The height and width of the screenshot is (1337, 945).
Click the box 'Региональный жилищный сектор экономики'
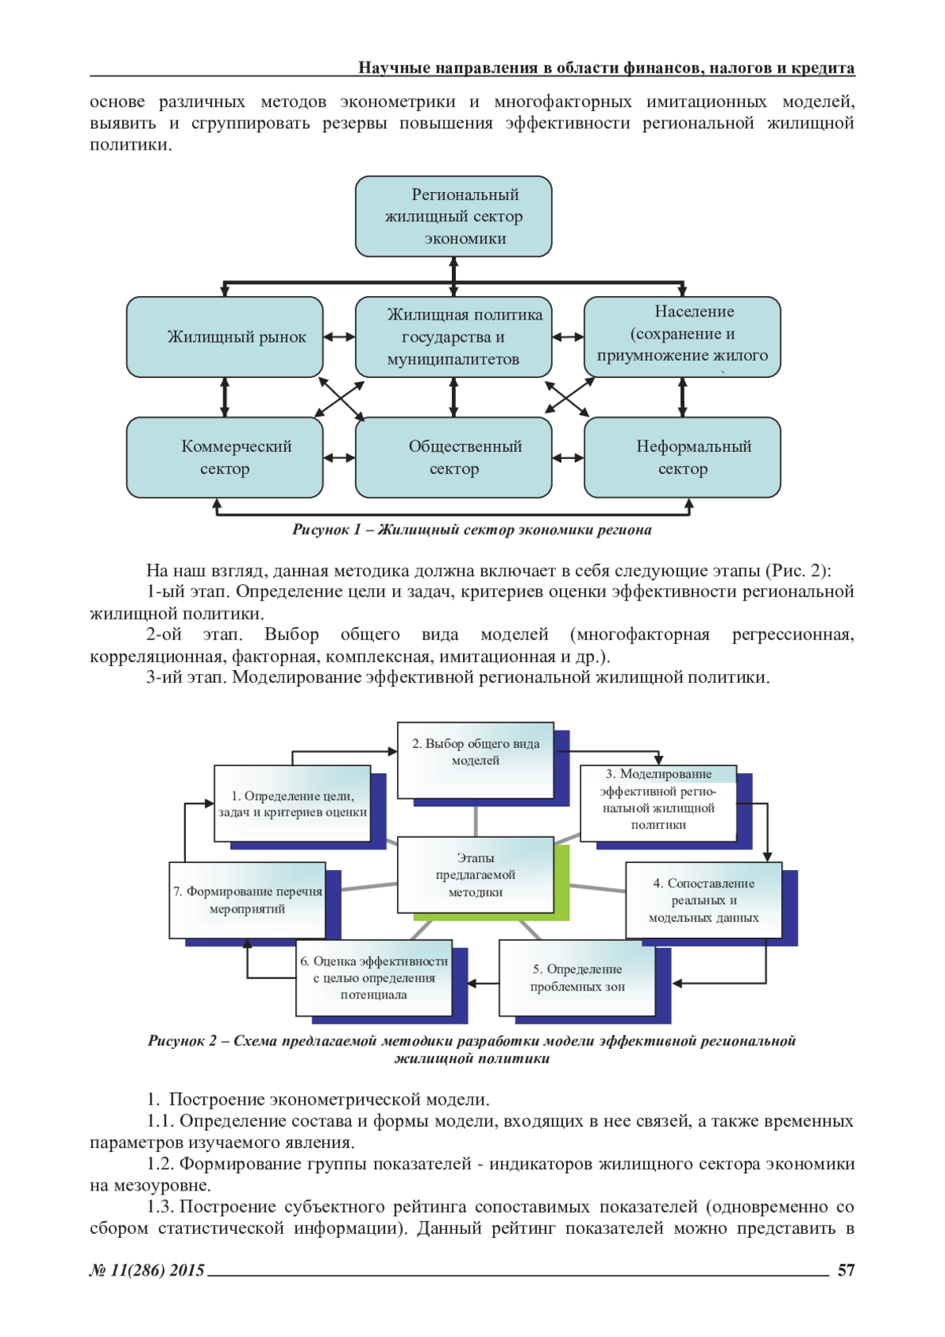tap(453, 217)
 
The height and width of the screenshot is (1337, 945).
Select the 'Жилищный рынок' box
tap(224, 337)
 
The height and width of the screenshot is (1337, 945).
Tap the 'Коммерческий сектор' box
tap(224, 457)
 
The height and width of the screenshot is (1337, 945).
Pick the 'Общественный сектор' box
tap(453, 457)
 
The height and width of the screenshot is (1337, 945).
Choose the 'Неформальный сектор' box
tap(682, 457)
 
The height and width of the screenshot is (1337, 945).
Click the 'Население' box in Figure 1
tap(682, 336)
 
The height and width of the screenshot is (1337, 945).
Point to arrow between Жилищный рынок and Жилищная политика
tap(339, 337)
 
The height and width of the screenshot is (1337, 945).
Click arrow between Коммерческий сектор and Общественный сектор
tap(339, 457)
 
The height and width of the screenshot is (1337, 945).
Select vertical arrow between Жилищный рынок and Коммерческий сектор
tap(225, 397)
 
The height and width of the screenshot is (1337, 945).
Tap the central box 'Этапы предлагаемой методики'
tap(476, 875)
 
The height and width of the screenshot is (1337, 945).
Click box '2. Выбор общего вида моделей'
tap(476, 753)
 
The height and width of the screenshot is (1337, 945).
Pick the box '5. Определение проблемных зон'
tap(577, 978)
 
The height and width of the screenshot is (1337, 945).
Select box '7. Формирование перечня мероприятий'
tap(247, 900)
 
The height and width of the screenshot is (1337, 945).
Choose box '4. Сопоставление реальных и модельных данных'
tap(703, 900)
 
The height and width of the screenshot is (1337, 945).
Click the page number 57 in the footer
tap(846, 1270)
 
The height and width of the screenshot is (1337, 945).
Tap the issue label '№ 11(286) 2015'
tap(147, 1270)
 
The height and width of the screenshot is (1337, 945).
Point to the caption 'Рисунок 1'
tap(326, 530)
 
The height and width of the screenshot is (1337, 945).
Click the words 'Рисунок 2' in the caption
tap(183, 1041)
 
